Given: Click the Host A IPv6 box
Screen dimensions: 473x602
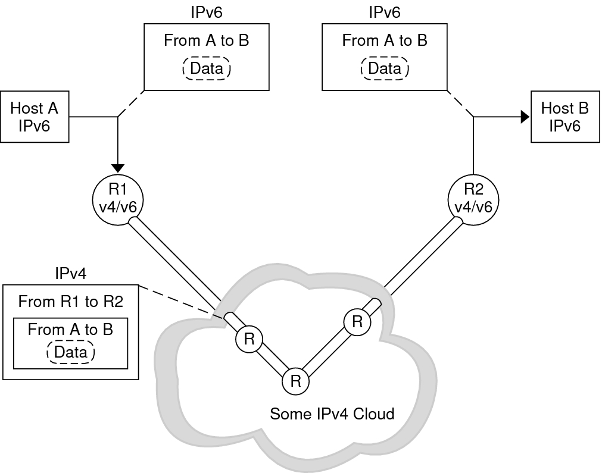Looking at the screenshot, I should point(35,117).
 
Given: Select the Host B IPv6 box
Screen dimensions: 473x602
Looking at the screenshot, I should point(564,117).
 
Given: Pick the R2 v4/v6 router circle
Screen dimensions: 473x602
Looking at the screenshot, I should point(473,198).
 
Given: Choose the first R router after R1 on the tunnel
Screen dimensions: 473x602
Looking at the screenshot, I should point(249,340).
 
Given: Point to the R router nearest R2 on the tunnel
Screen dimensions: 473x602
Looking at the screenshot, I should point(357,322).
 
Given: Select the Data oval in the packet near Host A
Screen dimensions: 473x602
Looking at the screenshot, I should point(206,68).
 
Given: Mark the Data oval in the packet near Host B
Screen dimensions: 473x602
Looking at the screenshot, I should point(385,68).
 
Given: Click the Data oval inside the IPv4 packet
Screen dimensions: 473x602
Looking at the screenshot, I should point(70,352).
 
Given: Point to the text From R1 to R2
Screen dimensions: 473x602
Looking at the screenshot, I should point(70,302).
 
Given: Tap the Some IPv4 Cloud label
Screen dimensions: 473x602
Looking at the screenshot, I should point(332,414).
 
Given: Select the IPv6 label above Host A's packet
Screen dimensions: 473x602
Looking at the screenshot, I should point(206,12).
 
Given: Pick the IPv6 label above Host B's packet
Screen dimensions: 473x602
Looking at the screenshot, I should point(385,12).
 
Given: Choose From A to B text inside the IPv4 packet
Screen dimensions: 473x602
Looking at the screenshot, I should point(70,329).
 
